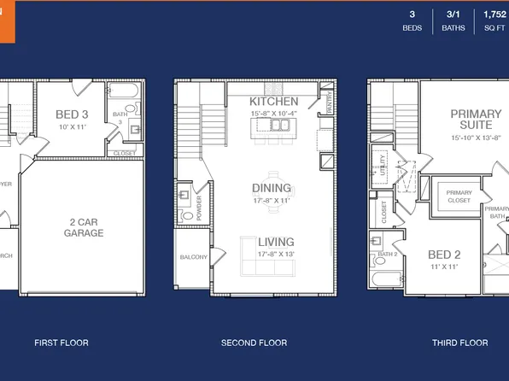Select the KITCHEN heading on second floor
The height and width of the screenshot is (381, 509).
point(274,102)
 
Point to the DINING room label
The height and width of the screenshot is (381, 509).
point(272,188)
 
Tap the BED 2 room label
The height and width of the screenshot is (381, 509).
point(444,255)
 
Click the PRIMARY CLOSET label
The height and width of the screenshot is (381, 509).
point(459,196)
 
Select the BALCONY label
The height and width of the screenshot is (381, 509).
point(193,256)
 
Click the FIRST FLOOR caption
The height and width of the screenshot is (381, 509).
point(61,343)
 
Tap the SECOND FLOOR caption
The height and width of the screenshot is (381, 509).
point(254,343)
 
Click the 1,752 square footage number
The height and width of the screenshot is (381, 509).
point(494,15)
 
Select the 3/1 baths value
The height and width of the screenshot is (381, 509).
point(453,15)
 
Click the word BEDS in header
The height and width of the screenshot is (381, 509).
point(412,28)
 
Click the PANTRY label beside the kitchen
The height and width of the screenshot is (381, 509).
point(329,103)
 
